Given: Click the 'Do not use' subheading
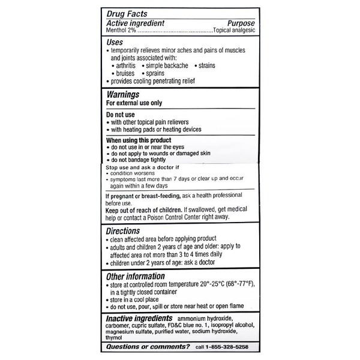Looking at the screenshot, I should pyautogui.click(x=121, y=114).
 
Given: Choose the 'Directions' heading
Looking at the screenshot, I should pyautogui.click(x=123, y=230).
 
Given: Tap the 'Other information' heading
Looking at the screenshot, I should pyautogui.click(x=136, y=276).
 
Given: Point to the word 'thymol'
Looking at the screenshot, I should pyautogui.click(x=115, y=338).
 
